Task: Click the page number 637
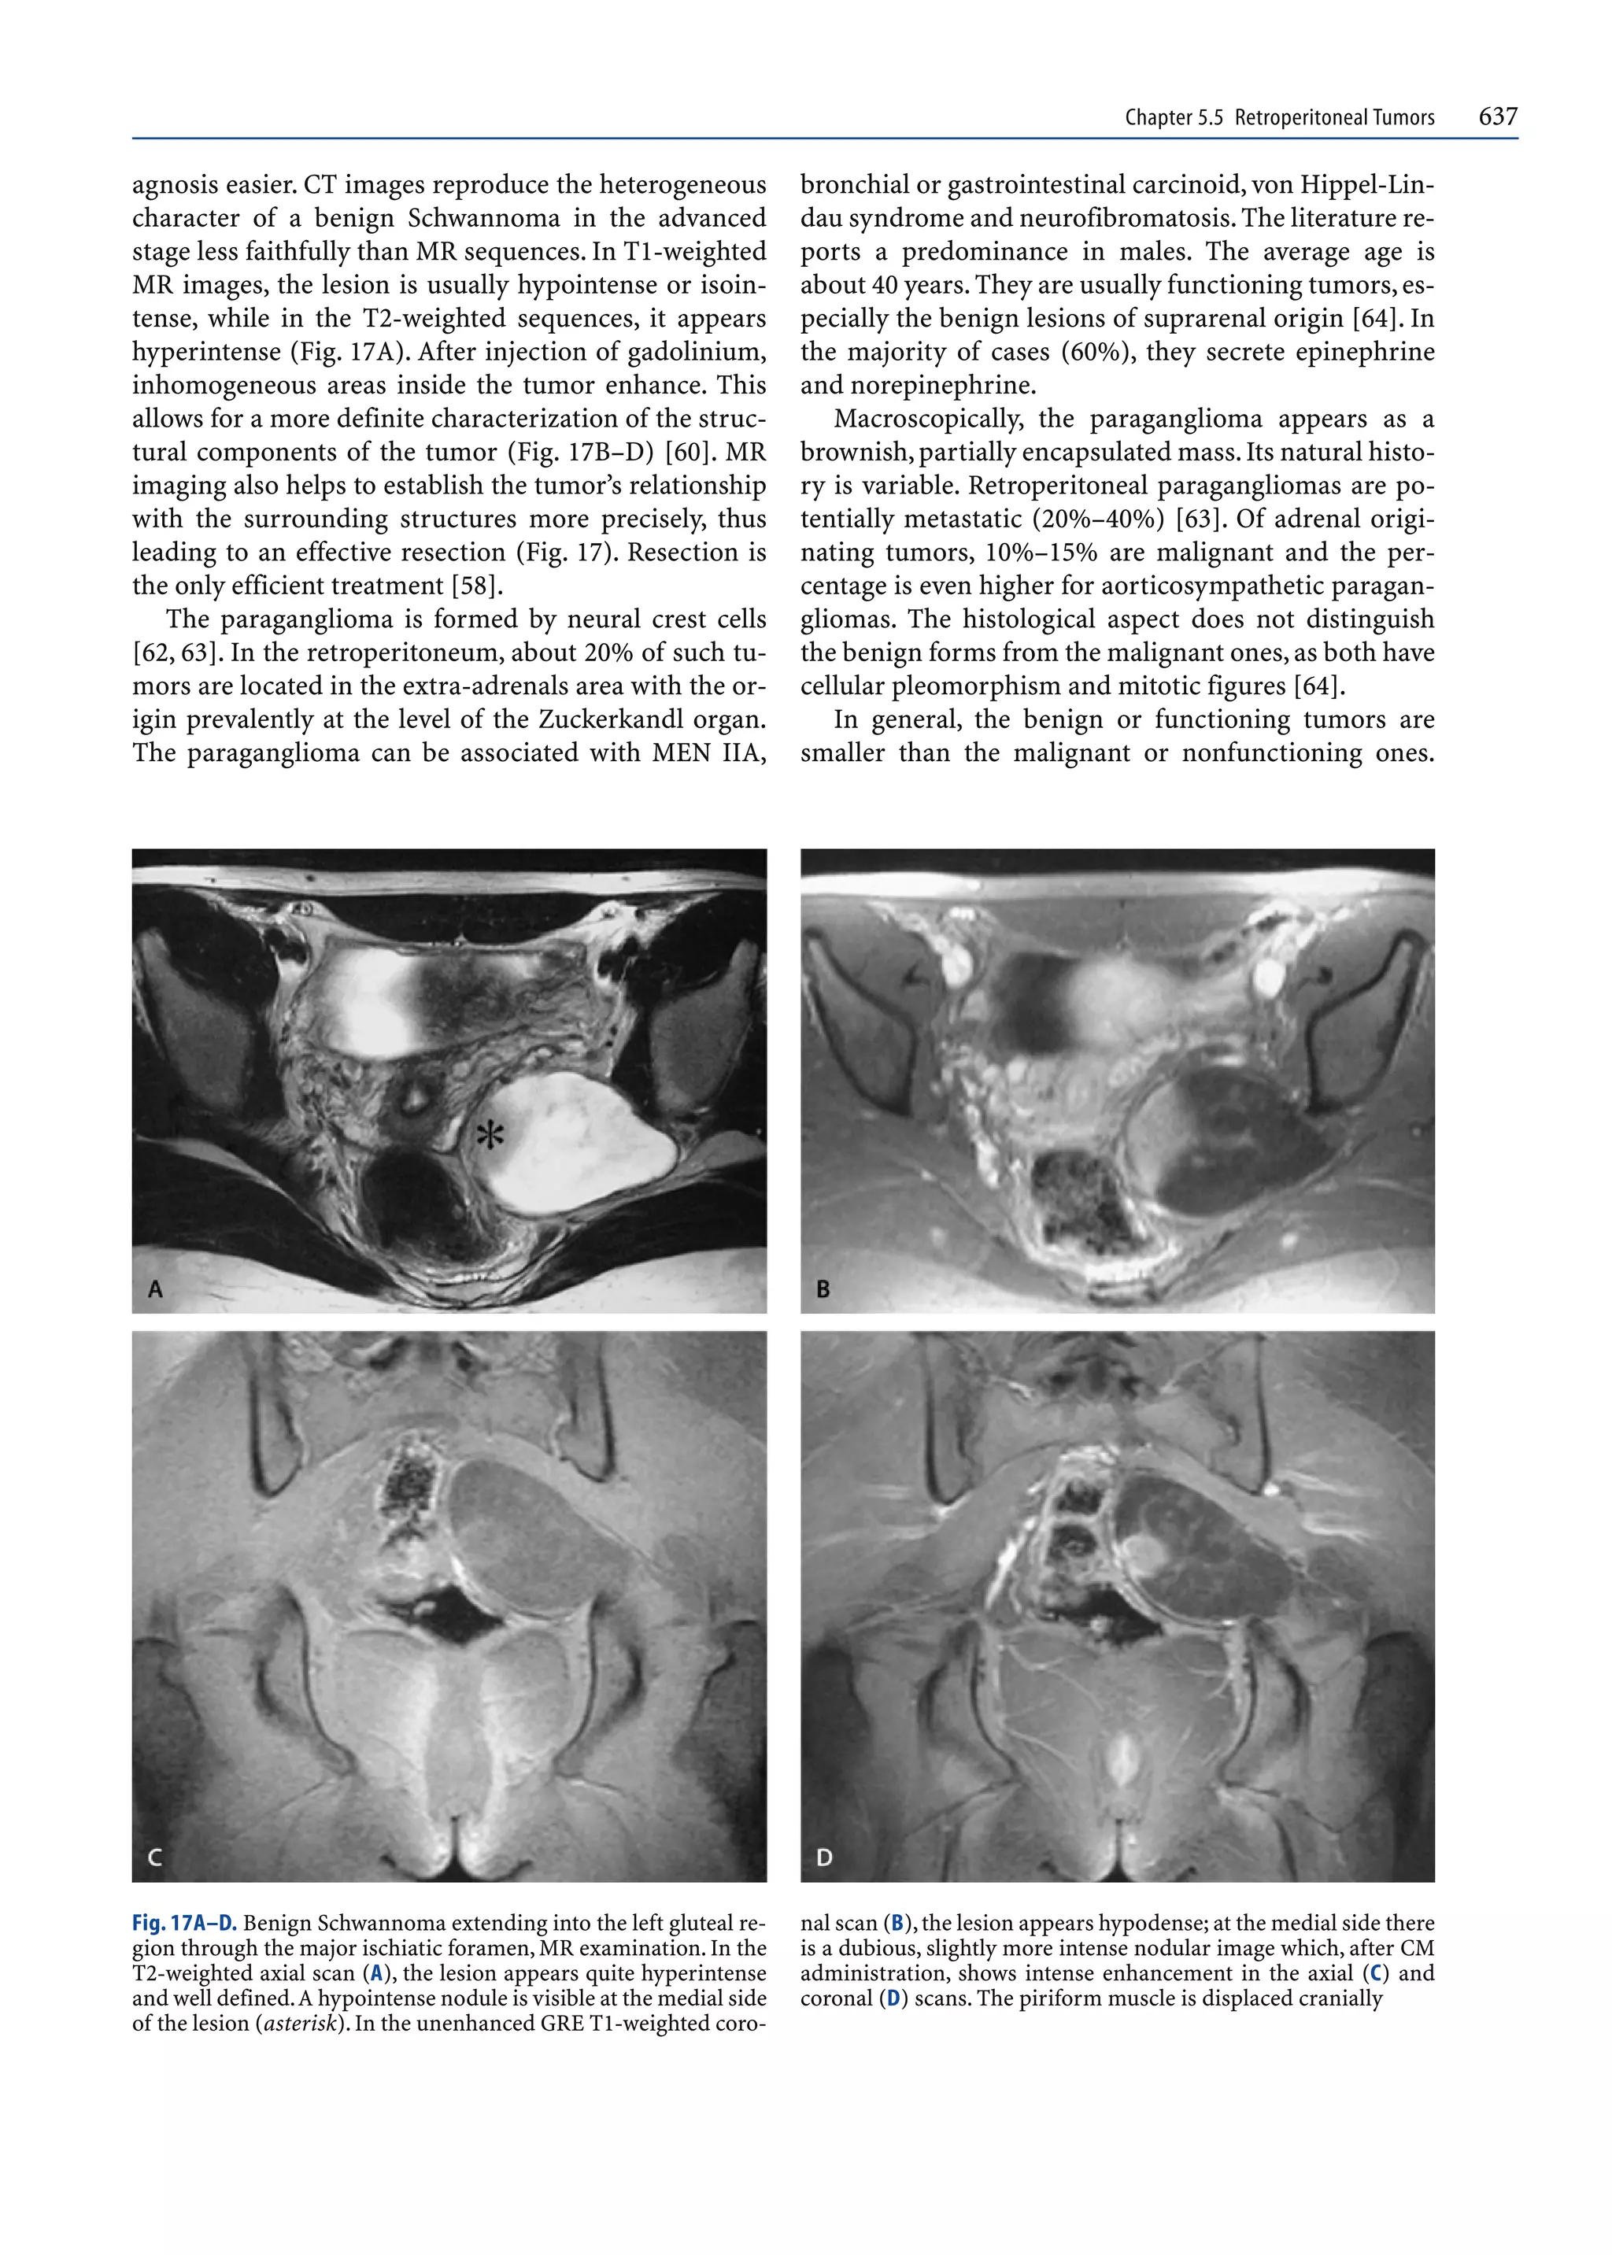pyautogui.click(x=1497, y=116)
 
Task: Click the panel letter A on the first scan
pyautogui.click(x=155, y=1289)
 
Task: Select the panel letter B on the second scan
pyautogui.click(x=823, y=1289)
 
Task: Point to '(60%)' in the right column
pyautogui.click(x=1088, y=353)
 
